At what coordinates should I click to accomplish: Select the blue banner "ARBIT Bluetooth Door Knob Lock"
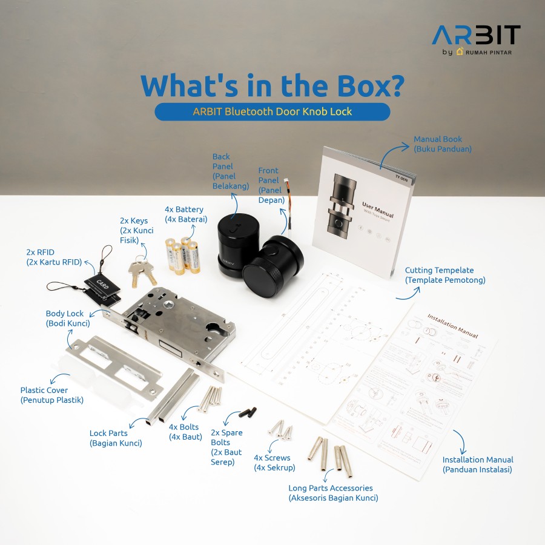tap(272, 111)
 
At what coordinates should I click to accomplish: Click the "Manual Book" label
tap(442, 144)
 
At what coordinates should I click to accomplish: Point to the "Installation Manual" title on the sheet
tap(452, 326)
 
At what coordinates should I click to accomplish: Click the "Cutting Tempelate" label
tap(445, 275)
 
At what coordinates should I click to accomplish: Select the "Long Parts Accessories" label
tap(330, 493)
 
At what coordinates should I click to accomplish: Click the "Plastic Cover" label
tap(52, 395)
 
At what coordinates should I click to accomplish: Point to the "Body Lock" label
tap(64, 319)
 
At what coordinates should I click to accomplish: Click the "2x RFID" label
tap(53, 257)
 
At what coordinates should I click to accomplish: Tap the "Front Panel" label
tap(269, 185)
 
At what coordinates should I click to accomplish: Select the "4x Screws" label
tap(272, 463)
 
